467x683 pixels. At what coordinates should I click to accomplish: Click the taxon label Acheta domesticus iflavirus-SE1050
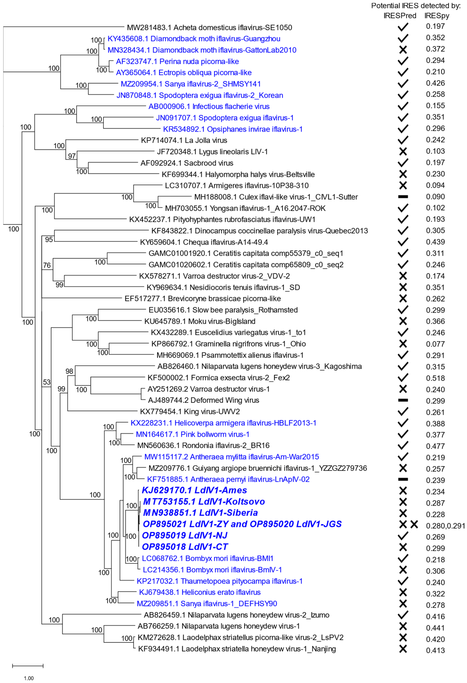point(209,28)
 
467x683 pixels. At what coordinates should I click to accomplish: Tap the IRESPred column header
point(400,16)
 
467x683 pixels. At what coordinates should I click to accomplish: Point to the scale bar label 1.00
point(29,678)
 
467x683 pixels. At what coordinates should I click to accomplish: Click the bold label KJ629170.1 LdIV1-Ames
point(194,490)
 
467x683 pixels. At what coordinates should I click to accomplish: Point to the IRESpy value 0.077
point(435,344)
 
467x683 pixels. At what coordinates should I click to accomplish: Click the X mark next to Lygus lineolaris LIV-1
point(403,151)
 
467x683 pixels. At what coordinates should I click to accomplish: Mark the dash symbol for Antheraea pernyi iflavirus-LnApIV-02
point(403,479)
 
